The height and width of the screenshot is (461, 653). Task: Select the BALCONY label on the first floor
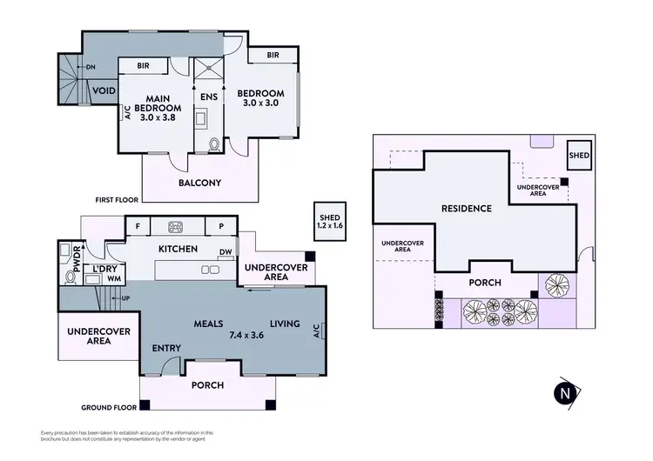(199, 183)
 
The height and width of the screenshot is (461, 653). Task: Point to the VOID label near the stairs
(105, 91)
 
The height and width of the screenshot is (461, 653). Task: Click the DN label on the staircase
(91, 66)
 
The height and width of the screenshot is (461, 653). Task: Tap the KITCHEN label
(178, 250)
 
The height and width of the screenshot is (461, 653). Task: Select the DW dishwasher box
(226, 252)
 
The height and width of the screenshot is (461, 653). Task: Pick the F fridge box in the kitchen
(137, 227)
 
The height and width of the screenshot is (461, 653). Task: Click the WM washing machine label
(114, 278)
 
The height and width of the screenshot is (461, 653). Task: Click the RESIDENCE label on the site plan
(466, 209)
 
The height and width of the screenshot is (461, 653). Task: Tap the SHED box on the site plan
(579, 156)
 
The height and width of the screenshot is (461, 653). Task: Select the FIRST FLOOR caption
(118, 199)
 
